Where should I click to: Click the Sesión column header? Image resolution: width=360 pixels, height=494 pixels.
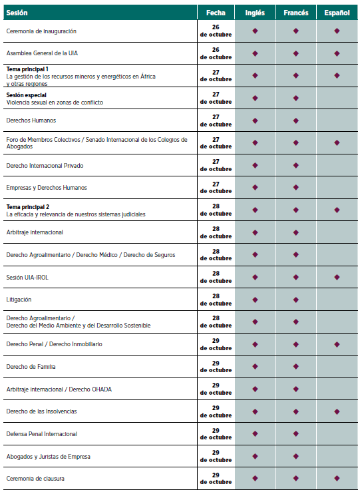coord(17,13)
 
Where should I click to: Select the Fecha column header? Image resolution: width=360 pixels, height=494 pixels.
coord(216,13)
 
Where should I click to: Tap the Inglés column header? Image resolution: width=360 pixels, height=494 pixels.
coord(255,13)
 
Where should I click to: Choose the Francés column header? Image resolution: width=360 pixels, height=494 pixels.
coord(295,13)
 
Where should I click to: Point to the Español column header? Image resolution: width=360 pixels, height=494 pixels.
coord(337,13)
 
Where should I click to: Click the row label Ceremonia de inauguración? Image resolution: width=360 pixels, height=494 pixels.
coord(41,31)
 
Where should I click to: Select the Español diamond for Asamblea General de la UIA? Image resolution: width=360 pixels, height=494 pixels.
coord(337,53)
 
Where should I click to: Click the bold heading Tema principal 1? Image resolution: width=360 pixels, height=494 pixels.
coord(27,69)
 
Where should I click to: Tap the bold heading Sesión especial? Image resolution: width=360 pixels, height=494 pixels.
coord(27,95)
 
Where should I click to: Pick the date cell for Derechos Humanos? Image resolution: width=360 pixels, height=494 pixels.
coord(216,121)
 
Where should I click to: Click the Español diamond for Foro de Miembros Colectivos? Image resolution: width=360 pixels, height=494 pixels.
coord(337,142)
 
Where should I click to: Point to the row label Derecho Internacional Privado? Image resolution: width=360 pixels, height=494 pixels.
coord(45,165)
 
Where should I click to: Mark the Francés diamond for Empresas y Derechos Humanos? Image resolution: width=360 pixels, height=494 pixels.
coord(295,188)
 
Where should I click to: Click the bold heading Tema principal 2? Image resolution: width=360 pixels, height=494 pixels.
coord(28,206)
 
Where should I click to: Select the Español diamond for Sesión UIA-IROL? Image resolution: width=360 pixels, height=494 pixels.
coord(337,277)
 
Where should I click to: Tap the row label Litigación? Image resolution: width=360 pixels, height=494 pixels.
coord(19,300)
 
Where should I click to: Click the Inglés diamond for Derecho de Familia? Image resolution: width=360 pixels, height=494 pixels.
coord(255,366)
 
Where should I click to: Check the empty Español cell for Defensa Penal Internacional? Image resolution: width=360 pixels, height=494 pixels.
coord(337,434)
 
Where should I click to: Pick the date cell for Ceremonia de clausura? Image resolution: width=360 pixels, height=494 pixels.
coord(216,478)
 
